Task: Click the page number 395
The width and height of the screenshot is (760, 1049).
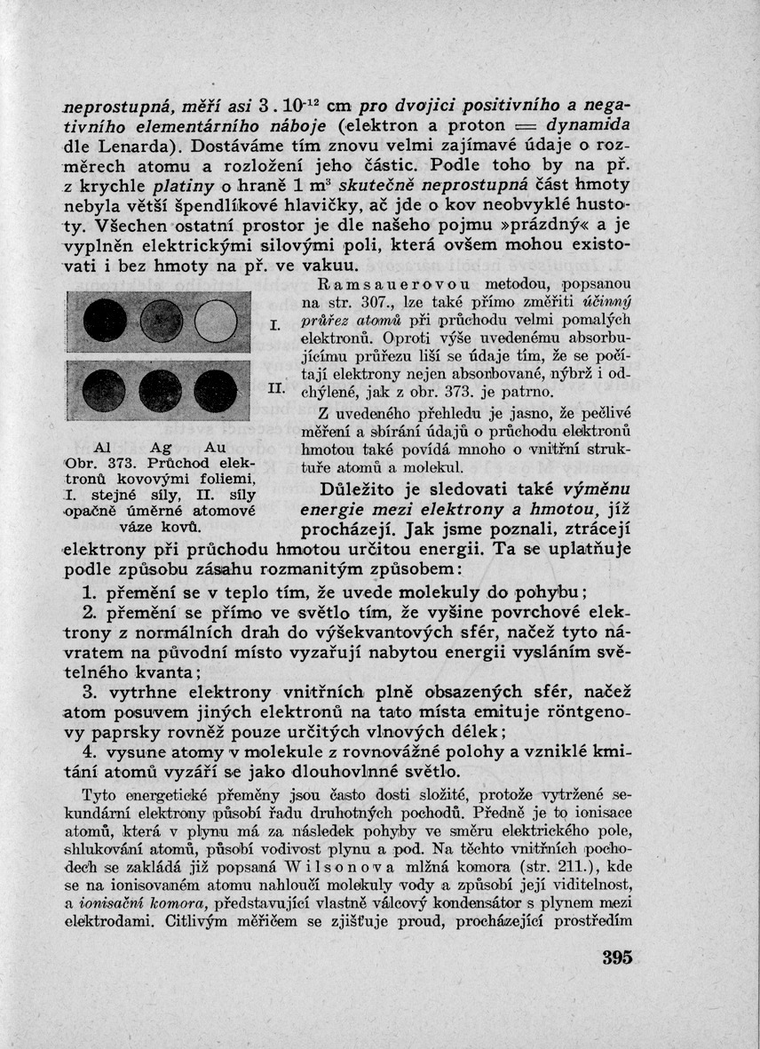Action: click(615, 958)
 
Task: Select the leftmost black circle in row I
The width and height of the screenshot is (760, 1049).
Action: click(105, 322)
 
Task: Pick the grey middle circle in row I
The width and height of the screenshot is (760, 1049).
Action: click(161, 322)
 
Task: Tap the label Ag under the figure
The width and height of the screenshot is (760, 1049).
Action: click(161, 447)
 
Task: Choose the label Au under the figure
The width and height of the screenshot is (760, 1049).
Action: click(215, 447)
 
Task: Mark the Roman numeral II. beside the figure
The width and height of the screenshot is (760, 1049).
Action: click(274, 389)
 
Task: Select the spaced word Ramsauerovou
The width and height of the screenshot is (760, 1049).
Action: click(376, 285)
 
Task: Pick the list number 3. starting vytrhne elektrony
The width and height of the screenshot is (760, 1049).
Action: click(89, 692)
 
